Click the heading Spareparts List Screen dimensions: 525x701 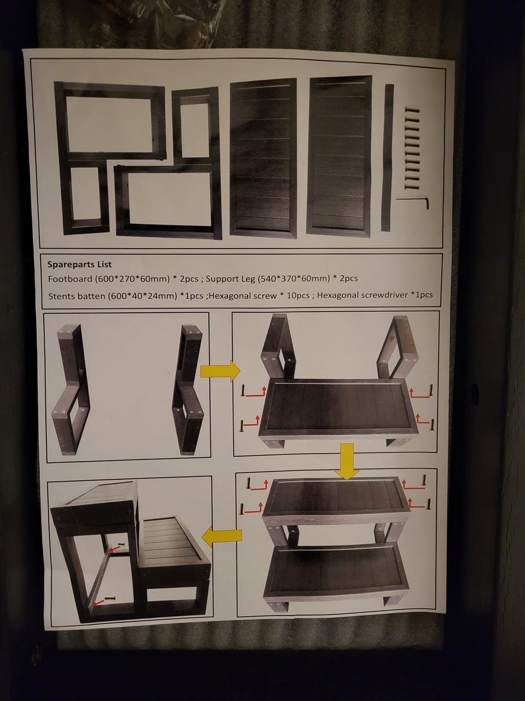coord(80,264)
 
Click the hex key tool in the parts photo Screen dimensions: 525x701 coord(413,202)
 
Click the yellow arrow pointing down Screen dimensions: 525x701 coord(347,462)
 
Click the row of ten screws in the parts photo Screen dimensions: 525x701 coord(411,148)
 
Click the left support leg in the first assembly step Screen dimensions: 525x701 coord(71,389)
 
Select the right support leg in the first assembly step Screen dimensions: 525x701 coord(188,389)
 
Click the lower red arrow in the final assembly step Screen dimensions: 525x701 coord(98,602)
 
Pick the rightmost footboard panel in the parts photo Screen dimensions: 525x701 coord(340,156)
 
